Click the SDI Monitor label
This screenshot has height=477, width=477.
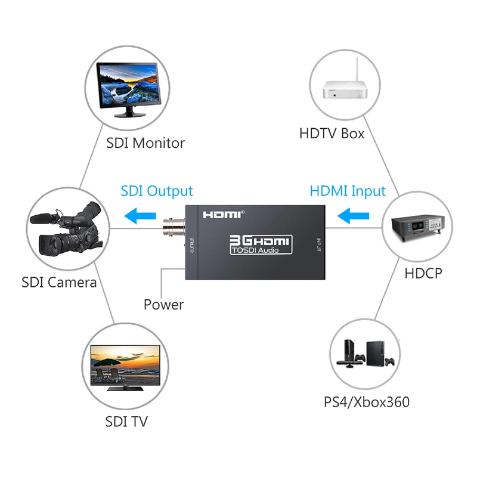pos(145,143)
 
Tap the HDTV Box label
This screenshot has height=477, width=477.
pos(332,133)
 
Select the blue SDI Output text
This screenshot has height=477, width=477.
pos(157,191)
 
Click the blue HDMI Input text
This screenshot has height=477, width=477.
pos(348,191)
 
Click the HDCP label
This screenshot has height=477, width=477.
pos(423,273)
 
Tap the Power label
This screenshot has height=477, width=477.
pos(163,305)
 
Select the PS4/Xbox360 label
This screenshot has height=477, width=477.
pos(367,402)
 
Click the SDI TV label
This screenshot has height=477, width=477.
pos(126,422)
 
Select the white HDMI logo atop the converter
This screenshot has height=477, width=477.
pos(224,214)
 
